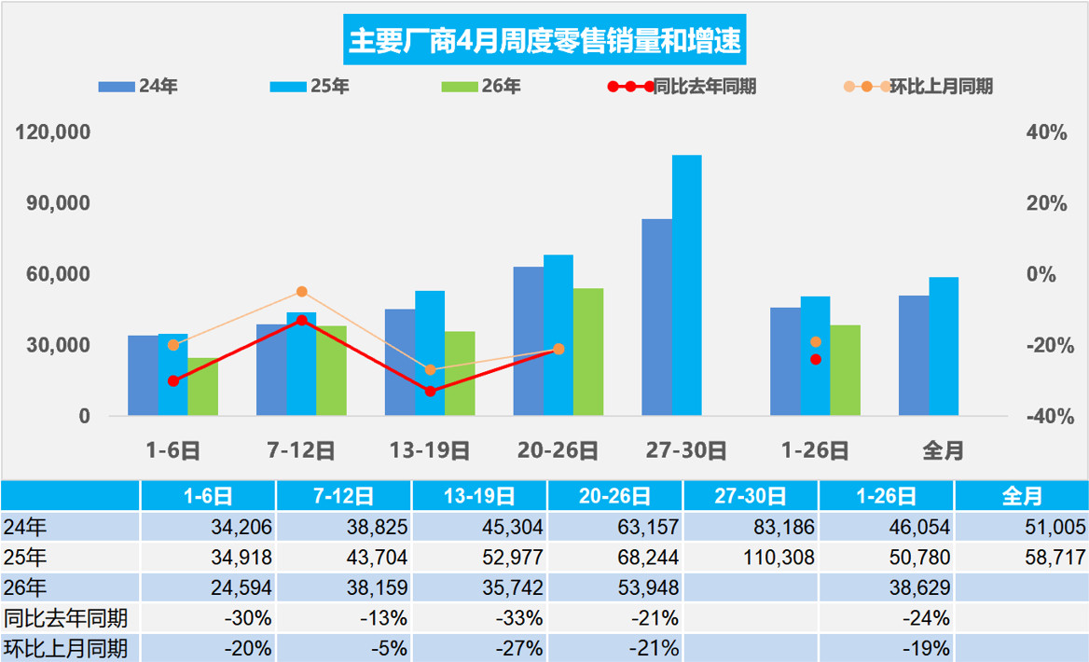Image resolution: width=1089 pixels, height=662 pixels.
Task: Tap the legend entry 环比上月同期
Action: tap(919, 87)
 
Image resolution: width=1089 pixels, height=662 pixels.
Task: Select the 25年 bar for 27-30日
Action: tap(686, 284)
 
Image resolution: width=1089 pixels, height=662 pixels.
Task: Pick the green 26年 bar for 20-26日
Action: tap(587, 352)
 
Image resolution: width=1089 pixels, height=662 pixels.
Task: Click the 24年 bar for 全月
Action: tap(914, 355)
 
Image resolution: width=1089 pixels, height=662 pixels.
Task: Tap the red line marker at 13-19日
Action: tap(430, 391)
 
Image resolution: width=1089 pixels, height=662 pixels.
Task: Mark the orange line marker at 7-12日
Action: tap(301, 292)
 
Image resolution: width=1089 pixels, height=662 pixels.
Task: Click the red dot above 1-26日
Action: tap(816, 359)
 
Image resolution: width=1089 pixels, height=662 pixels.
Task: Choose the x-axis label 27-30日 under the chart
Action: tap(686, 450)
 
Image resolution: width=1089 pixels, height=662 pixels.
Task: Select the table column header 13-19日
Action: tap(480, 496)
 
